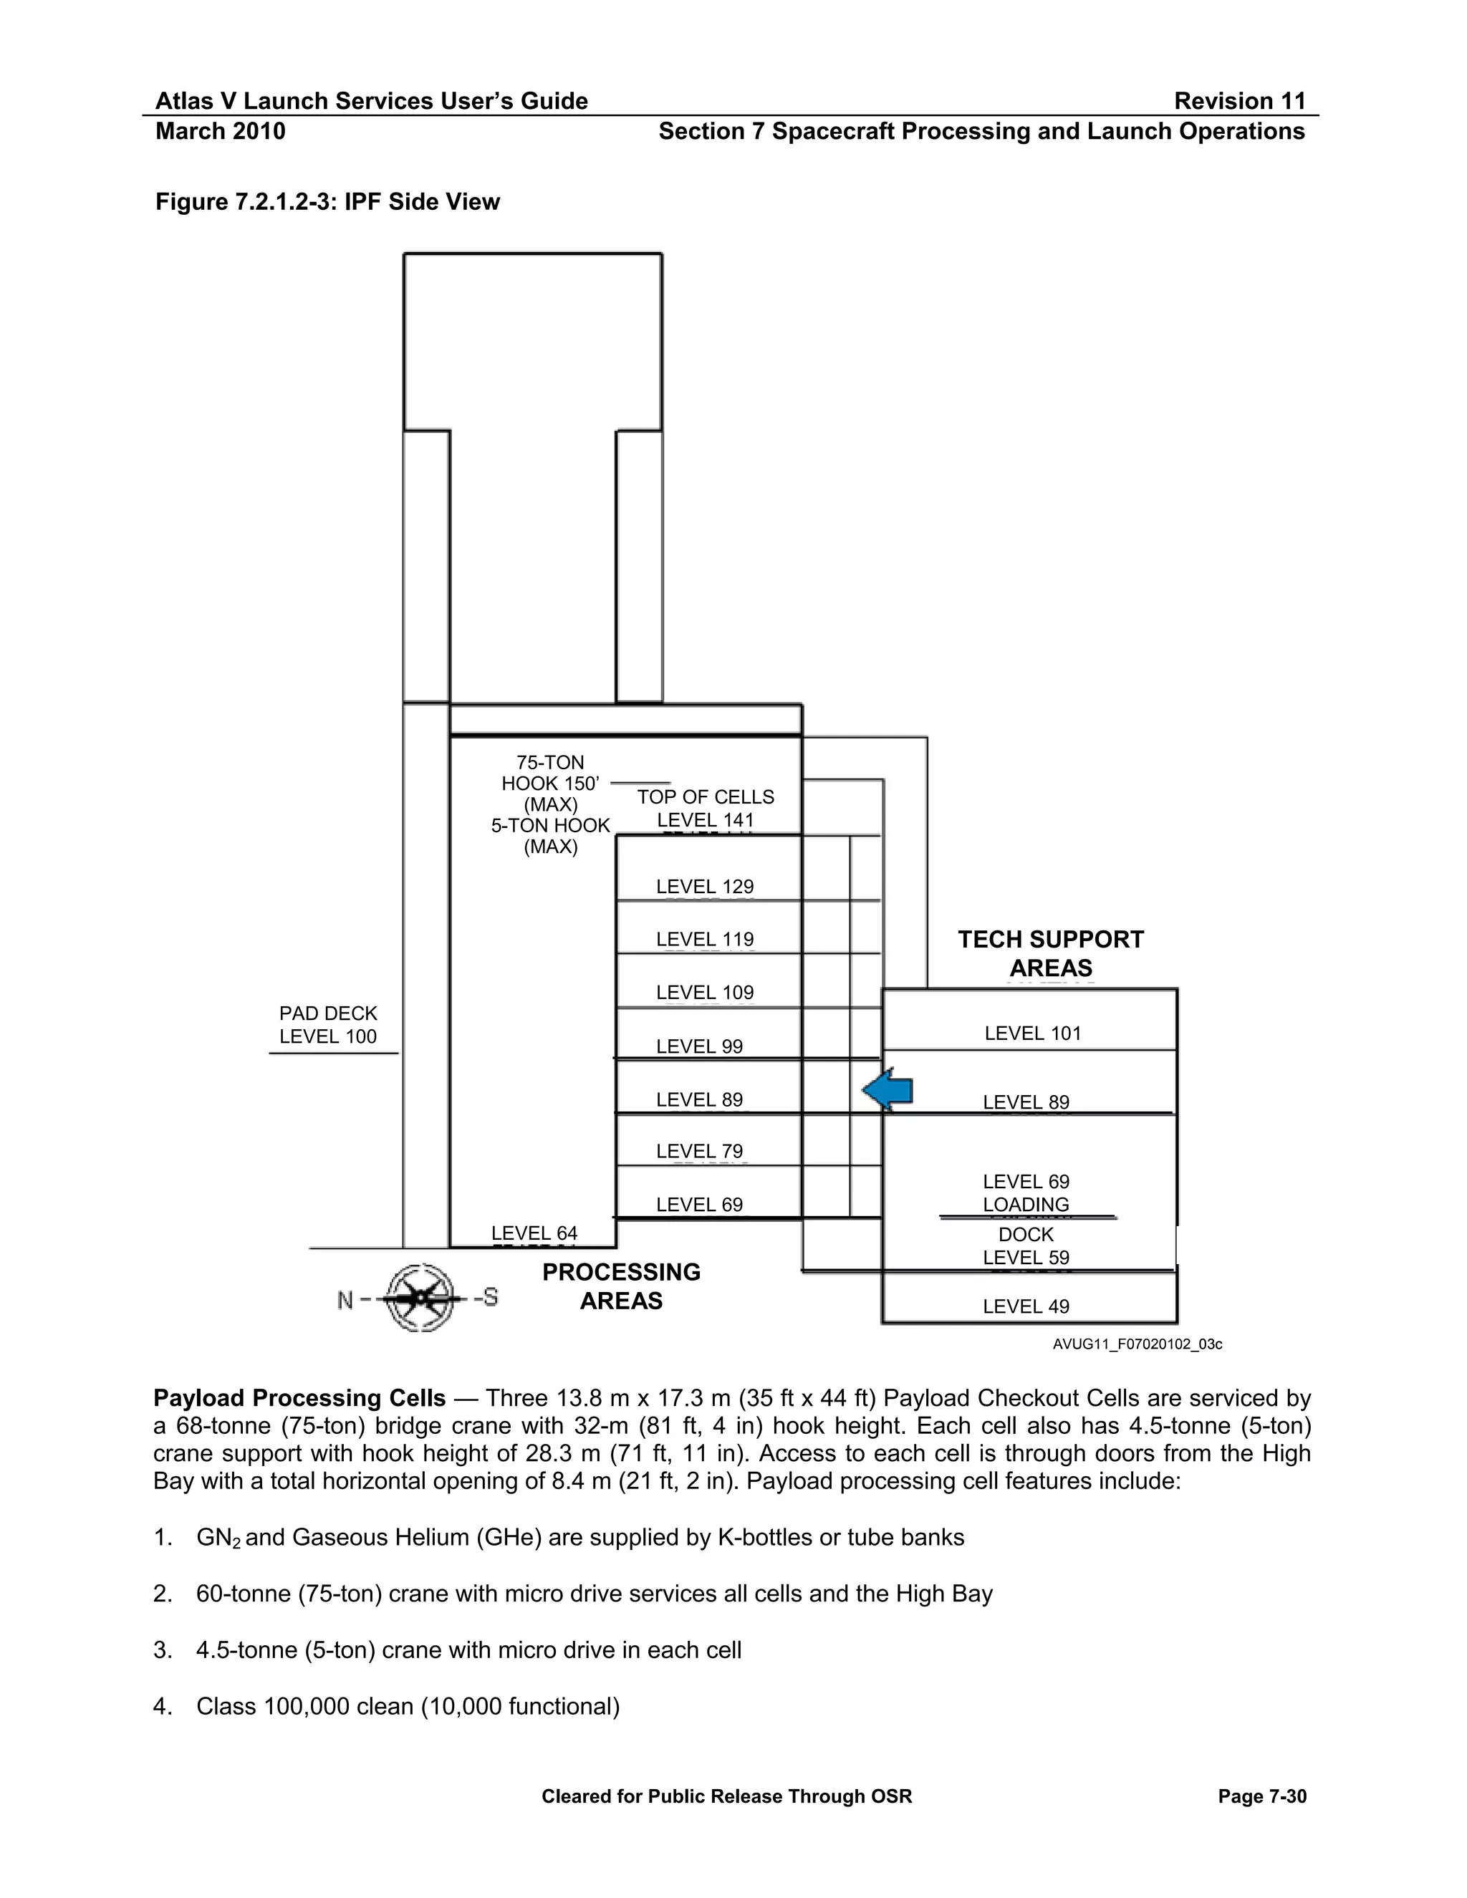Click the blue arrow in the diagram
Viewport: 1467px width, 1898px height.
coord(888,1091)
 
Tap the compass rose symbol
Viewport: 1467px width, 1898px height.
coord(420,1299)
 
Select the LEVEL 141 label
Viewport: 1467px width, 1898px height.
coord(705,819)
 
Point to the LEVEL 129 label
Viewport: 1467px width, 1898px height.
coord(705,887)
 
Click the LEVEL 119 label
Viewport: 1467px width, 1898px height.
coord(705,940)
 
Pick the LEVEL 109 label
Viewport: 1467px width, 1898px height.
coord(705,993)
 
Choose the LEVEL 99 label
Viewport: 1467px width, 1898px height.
coord(700,1046)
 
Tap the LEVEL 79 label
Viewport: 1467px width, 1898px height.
coord(700,1152)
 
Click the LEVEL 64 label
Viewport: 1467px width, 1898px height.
coord(534,1233)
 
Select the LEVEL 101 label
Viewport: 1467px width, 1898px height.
coord(1032,1034)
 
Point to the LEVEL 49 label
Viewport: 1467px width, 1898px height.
coord(1026,1306)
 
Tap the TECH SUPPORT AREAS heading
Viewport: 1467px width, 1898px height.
coord(1051,953)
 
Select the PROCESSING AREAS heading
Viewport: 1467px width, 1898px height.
coord(620,1286)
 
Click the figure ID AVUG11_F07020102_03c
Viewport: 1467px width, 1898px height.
coord(1137,1344)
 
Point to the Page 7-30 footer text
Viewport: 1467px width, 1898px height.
coord(1262,1796)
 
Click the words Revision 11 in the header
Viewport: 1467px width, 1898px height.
coord(1239,102)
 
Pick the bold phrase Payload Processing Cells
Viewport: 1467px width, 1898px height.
coord(300,1398)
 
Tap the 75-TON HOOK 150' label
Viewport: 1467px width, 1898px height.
coord(550,774)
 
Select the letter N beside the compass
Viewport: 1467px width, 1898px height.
coord(345,1300)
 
